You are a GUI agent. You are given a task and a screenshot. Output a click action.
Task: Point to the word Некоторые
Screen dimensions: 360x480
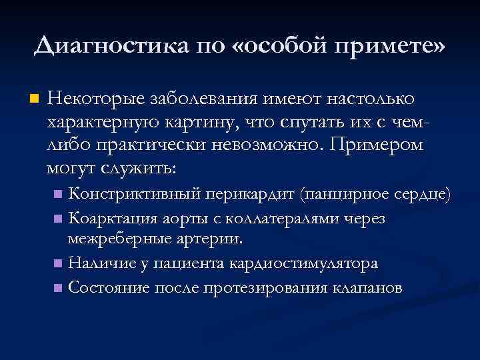click(x=92, y=99)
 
